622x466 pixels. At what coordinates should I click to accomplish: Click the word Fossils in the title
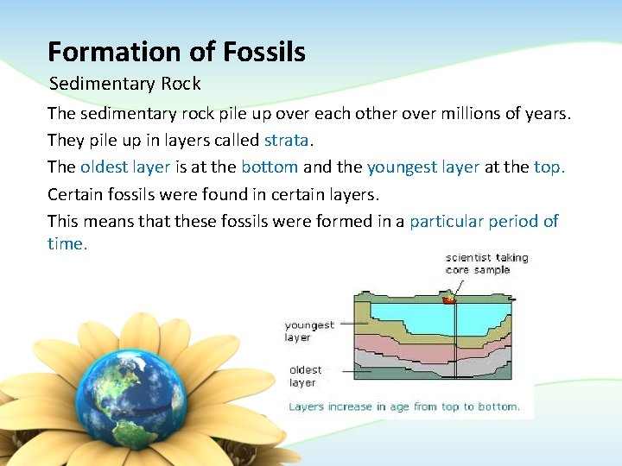click(264, 53)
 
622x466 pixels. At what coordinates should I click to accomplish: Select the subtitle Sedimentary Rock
click(124, 84)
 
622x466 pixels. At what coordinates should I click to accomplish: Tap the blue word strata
click(286, 140)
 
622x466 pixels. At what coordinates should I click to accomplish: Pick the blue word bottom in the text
click(270, 167)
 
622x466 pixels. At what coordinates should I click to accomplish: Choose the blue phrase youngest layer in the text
click(422, 167)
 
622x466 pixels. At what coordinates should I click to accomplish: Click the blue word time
click(67, 243)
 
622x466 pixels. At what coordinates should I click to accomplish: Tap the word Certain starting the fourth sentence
click(77, 193)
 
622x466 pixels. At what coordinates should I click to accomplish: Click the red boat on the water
click(449, 299)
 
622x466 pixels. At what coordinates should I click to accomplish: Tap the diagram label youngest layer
click(309, 331)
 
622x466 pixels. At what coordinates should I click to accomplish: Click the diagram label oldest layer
click(304, 376)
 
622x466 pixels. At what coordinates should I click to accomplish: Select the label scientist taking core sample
click(486, 263)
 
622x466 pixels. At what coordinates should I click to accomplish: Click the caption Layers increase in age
click(403, 406)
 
